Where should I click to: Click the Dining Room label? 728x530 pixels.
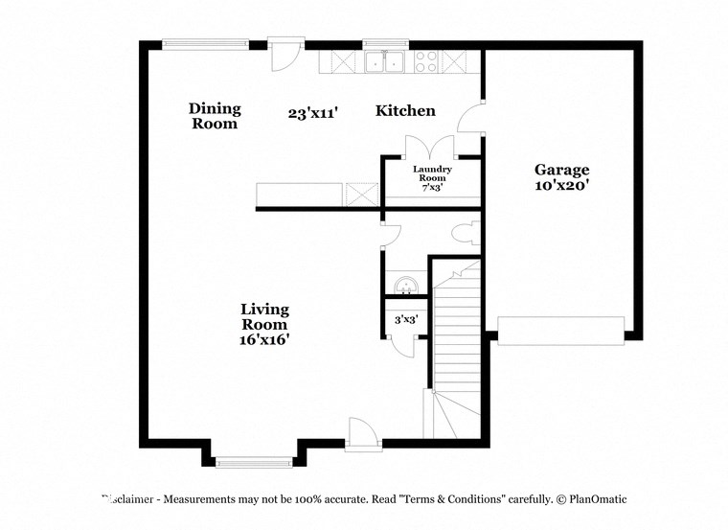215,116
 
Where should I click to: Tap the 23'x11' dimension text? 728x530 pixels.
312,112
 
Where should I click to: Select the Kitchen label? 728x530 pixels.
405,111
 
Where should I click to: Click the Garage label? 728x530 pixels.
561,170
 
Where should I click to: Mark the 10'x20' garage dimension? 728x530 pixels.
561,186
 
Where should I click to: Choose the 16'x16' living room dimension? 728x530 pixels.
264,339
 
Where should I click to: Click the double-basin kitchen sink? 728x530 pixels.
387,62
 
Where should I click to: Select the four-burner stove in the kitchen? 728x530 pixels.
426,62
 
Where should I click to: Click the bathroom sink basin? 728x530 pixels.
406,285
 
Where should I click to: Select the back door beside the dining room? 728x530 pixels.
284,54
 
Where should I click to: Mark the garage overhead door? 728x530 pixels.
560,331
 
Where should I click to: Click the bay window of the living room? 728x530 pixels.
255,462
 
